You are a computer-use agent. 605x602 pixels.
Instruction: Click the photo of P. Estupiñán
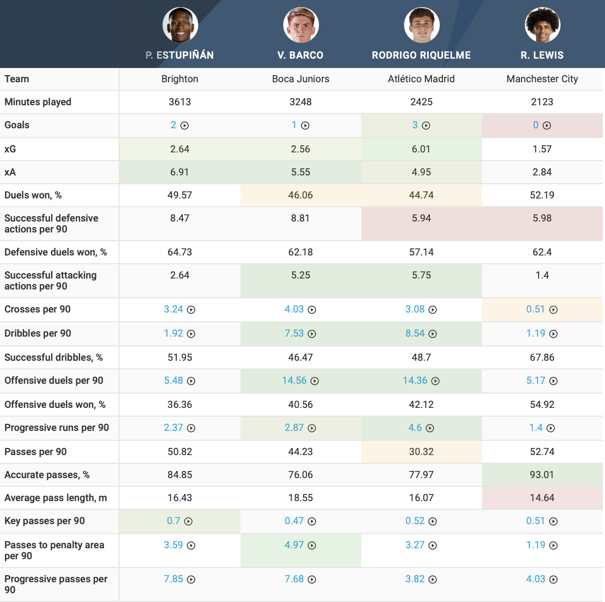180,25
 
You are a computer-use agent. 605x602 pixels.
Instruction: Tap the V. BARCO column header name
300,55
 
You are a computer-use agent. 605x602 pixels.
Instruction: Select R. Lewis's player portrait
542,25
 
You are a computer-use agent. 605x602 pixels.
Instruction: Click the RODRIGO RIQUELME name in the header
421,55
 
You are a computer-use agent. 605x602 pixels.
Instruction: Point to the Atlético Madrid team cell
421,79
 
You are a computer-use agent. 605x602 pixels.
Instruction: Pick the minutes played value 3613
180,102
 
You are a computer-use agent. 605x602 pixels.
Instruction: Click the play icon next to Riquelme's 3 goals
426,126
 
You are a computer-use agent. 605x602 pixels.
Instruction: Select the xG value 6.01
421,149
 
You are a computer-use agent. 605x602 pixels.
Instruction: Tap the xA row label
10,172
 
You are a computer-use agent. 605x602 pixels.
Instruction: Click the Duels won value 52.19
542,195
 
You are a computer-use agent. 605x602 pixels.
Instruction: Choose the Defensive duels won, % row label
55,252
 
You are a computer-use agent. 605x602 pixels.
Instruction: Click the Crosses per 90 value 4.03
294,309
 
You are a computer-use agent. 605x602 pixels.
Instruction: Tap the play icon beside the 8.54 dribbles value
433,334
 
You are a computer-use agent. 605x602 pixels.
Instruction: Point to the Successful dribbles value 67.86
542,357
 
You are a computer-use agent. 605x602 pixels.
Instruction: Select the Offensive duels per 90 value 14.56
294,380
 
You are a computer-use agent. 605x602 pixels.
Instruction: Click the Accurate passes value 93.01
542,475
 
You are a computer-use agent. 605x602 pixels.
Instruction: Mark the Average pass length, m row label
55,498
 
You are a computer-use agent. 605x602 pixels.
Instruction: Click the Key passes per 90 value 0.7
173,521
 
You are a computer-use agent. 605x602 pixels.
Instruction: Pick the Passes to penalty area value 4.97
294,545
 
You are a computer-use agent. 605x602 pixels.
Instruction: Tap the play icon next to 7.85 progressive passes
191,580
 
